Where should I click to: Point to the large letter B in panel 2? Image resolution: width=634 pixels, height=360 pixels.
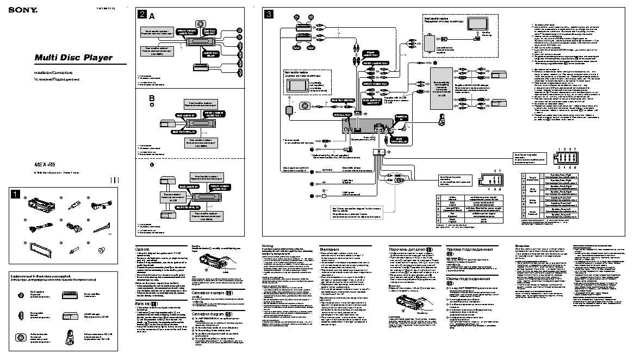152,97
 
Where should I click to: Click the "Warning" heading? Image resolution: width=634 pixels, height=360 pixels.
270,246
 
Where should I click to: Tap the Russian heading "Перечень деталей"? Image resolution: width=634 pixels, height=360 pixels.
412,249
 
